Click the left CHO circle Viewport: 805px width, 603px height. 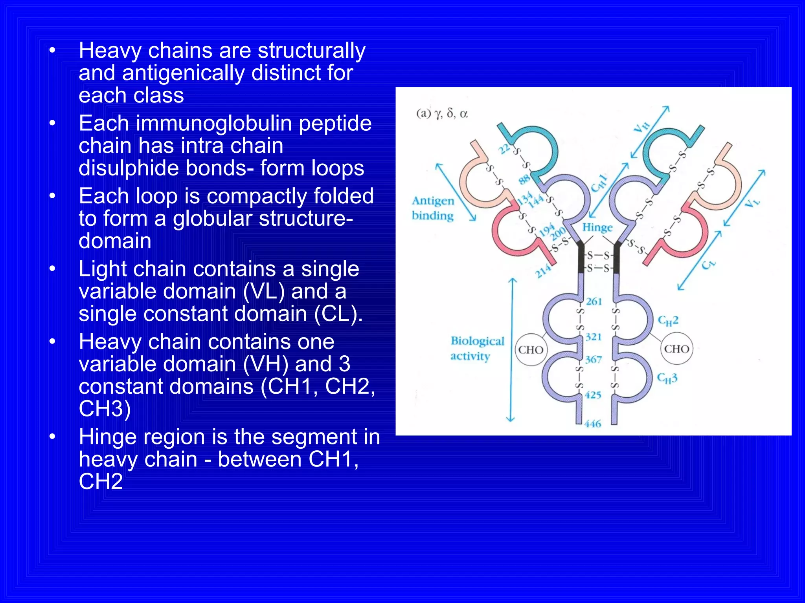click(531, 350)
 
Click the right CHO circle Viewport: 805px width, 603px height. click(676, 349)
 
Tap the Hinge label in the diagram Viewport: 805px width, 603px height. click(597, 228)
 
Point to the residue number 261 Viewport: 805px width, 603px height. click(594, 301)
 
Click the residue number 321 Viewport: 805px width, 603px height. click(594, 337)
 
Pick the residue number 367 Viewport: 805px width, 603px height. click(594, 359)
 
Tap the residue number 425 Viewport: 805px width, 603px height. click(593, 395)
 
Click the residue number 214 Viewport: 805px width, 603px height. click(544, 271)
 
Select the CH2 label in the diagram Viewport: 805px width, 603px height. click(668, 321)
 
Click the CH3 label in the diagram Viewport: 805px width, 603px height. click(667, 378)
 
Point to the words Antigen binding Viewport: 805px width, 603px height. click(433, 208)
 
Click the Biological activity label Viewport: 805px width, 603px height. click(477, 348)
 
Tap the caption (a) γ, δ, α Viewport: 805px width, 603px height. click(442, 114)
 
